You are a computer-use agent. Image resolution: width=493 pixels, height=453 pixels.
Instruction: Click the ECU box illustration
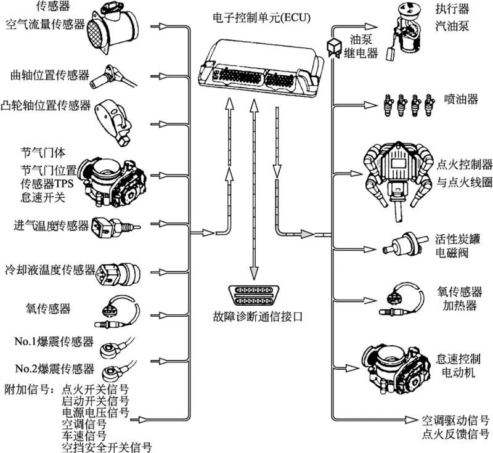point(261,67)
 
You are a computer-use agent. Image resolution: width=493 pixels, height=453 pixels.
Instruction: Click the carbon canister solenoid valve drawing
point(401,246)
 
